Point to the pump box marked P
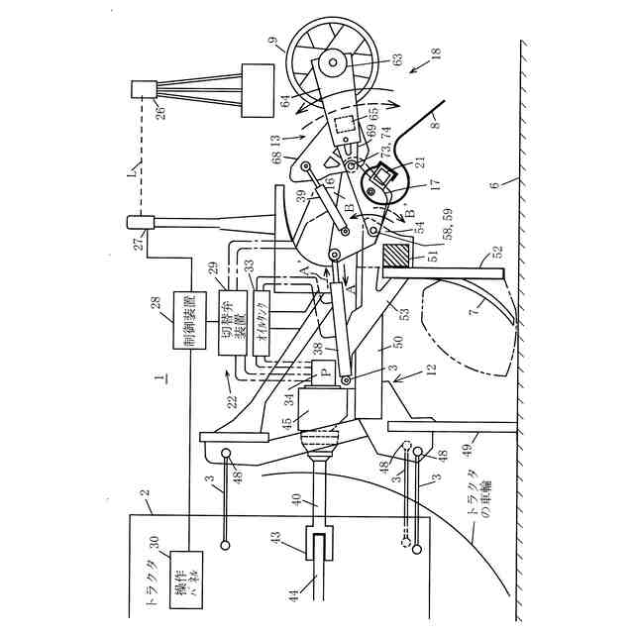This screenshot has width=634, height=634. coord(324,372)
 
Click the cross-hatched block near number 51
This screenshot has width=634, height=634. coord(394,254)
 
